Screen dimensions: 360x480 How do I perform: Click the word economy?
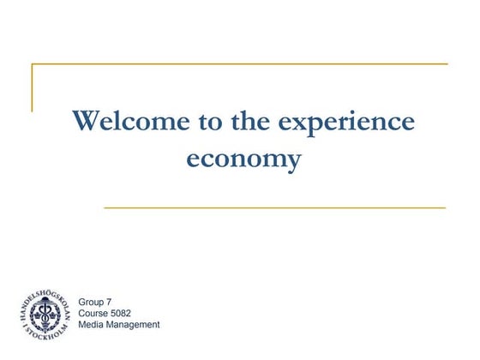244,159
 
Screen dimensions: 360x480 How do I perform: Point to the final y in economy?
293,162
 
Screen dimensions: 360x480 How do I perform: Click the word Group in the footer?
90,302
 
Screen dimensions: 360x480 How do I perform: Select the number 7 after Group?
108,302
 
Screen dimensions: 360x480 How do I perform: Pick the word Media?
91,324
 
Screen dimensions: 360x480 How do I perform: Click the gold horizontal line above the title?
240,64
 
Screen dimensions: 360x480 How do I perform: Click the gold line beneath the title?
274,207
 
